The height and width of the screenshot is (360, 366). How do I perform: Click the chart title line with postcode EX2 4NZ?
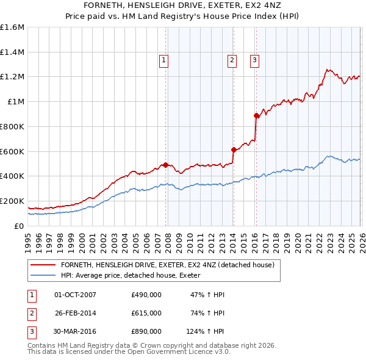(182, 5)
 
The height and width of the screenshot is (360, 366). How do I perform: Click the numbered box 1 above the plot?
(165, 60)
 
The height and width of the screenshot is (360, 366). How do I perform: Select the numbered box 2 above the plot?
(232, 60)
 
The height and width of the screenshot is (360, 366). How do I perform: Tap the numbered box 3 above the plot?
(254, 60)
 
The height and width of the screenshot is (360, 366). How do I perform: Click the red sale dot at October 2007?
(165, 164)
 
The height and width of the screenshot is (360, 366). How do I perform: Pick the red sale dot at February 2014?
(234, 149)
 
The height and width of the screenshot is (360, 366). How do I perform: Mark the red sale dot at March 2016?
(256, 115)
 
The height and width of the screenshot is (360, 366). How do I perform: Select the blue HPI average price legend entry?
(134, 275)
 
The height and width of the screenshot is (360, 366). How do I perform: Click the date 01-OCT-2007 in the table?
(75, 295)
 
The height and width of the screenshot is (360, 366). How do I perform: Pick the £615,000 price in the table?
(146, 313)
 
